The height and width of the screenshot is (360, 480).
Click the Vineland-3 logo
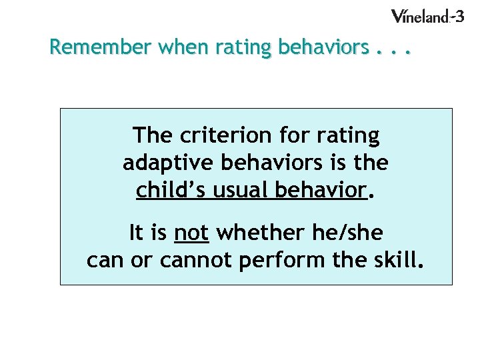[x=427, y=17]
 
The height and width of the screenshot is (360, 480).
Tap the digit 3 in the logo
[x=459, y=16]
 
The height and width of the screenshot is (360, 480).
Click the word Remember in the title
[x=89, y=47]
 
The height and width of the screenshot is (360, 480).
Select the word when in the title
[x=159, y=47]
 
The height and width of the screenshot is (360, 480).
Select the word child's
[x=171, y=190]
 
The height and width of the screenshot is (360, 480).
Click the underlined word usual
[x=239, y=190]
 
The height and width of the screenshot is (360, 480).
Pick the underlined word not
[x=192, y=233]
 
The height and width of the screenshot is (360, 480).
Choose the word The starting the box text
[x=153, y=135]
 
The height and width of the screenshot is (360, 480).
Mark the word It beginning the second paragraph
[x=136, y=233]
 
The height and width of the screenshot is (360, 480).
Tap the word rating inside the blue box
[x=347, y=135]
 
